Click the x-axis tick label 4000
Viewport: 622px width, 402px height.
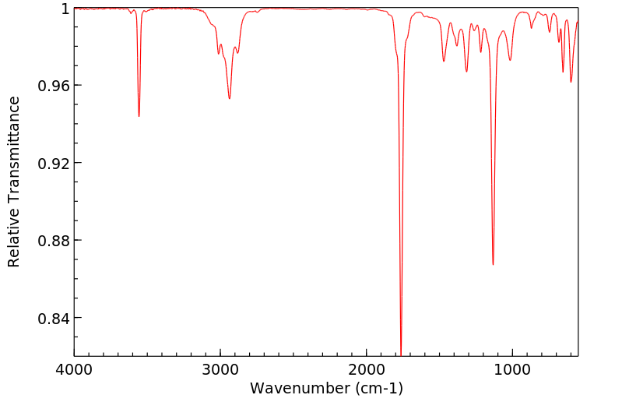74,368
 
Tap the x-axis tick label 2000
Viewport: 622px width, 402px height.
367,368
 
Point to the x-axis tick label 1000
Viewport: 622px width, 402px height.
512,368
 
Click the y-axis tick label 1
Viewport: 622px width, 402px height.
65,9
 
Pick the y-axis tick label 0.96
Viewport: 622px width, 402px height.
54,86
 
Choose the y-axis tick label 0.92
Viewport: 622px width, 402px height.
54,163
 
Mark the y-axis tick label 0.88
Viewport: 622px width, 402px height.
54,241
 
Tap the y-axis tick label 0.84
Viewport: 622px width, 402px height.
54,318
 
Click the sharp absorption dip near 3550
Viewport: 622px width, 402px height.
139,116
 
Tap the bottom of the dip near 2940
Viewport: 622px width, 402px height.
229,98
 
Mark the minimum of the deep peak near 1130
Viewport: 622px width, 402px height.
493,264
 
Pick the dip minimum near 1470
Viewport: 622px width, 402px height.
444,62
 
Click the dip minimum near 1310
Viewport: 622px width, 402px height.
466,72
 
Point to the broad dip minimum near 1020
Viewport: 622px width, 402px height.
510,60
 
